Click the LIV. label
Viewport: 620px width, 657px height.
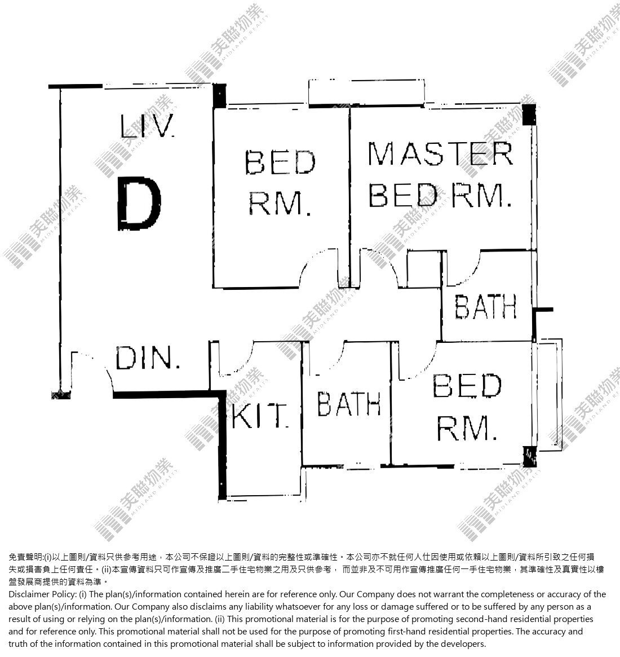[x=147, y=126]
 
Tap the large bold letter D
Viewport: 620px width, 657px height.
[x=139, y=203]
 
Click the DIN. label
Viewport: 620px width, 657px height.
[x=147, y=358]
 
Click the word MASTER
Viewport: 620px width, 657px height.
[x=440, y=153]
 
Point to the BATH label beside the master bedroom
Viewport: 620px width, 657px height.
[x=485, y=306]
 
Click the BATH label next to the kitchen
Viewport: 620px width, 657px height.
[x=349, y=404]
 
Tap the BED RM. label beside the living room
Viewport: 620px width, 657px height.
[x=280, y=183]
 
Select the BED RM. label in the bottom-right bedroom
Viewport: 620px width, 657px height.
[x=467, y=407]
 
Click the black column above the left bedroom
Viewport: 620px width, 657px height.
[x=219, y=96]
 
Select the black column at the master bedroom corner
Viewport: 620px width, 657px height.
[x=529, y=114]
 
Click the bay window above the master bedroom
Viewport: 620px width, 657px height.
[x=366, y=92]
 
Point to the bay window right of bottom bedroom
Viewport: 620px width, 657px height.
[x=549, y=395]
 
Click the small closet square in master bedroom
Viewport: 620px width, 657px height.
[x=424, y=269]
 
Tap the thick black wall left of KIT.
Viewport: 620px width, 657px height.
[x=222, y=446]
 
